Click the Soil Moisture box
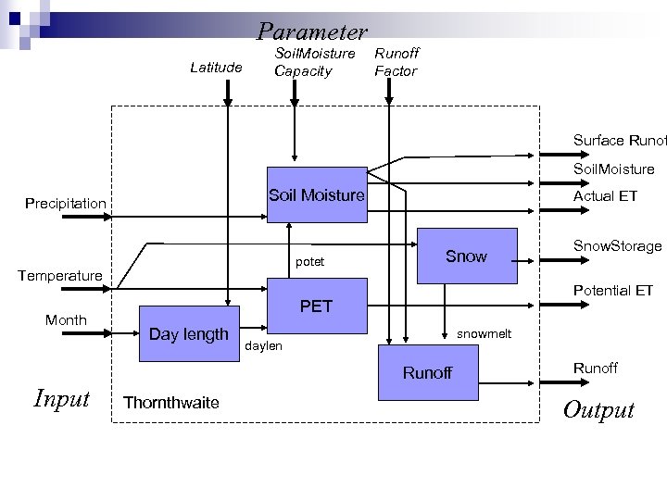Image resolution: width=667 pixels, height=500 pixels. click(x=316, y=196)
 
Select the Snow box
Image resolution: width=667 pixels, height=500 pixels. click(x=466, y=256)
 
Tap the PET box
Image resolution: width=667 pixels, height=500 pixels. click(x=316, y=306)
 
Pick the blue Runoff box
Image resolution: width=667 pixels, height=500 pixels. click(x=427, y=373)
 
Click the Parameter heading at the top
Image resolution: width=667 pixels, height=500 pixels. click(x=312, y=31)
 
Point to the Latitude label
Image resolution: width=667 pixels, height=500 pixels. click(x=216, y=67)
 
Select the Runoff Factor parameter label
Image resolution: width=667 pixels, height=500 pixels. click(x=396, y=62)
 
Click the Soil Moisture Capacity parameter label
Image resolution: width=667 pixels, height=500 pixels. click(x=314, y=62)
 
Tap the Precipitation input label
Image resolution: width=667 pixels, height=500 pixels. click(x=66, y=203)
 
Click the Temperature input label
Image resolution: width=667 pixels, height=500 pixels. click(x=60, y=275)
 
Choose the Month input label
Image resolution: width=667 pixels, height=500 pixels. click(x=66, y=320)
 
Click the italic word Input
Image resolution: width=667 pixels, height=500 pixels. click(x=61, y=398)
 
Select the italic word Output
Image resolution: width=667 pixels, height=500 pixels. click(x=598, y=410)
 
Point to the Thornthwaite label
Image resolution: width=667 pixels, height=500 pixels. click(x=170, y=402)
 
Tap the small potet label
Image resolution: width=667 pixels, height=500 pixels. click(x=309, y=262)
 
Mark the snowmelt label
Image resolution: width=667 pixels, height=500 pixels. click(x=484, y=333)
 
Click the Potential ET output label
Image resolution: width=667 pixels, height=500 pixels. click(x=613, y=291)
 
